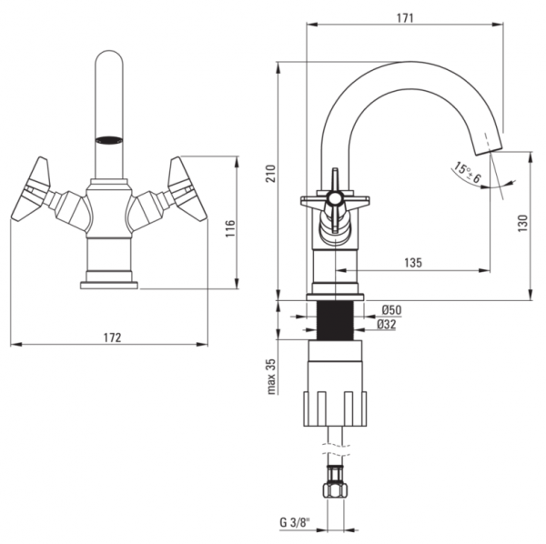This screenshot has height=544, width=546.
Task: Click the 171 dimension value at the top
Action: (x=405, y=18)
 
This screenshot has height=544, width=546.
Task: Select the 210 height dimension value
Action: (x=271, y=174)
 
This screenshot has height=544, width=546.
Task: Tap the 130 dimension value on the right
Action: (x=522, y=224)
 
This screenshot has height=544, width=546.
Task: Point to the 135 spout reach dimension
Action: (x=413, y=262)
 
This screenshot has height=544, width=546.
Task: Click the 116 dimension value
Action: (x=230, y=228)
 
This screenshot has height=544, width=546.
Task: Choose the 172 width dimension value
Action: (x=113, y=337)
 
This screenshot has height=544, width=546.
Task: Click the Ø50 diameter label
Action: (x=391, y=309)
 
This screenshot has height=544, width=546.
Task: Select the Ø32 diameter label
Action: (x=387, y=325)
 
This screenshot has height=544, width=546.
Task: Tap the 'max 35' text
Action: (x=271, y=377)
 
